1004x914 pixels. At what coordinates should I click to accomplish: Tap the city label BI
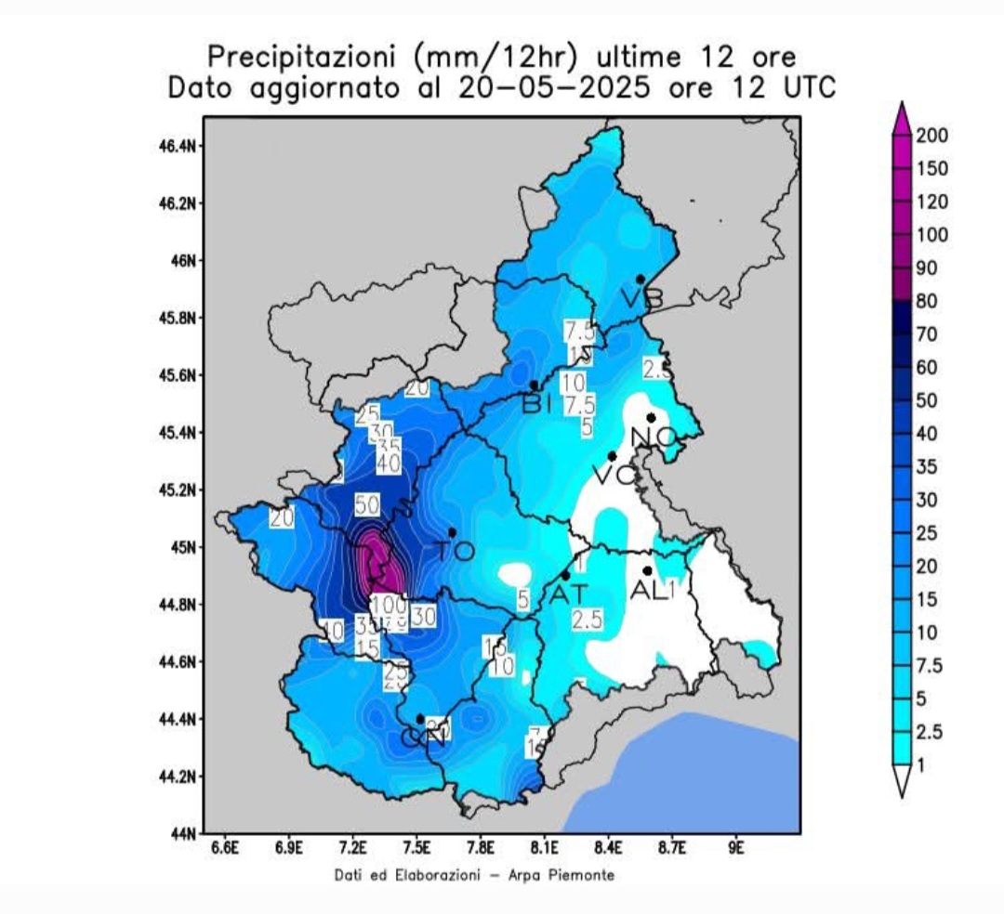537,404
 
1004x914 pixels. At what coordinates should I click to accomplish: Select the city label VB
642,298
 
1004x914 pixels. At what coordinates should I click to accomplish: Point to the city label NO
654,437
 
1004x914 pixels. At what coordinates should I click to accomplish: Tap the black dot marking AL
647,570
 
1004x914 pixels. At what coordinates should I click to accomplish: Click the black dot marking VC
612,456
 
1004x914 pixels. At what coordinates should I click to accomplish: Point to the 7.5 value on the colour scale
931,665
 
